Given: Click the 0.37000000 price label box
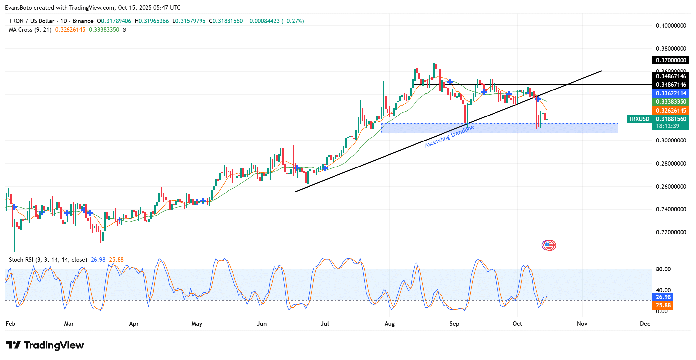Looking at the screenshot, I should point(670,60).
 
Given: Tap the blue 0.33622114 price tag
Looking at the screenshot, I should point(670,93).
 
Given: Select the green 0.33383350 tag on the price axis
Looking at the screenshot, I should point(670,102).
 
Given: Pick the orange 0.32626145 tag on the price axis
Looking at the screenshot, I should point(670,111).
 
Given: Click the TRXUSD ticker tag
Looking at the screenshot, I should point(639,119).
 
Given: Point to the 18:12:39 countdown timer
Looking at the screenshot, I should point(667,126).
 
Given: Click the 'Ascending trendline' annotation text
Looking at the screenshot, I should point(449,136).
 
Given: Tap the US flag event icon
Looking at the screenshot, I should point(549,245).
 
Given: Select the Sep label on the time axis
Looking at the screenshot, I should point(454,324).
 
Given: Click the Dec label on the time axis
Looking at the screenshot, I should point(645,324).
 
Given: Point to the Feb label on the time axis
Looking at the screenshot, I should point(10,324).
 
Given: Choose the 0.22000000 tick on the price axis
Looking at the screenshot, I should point(671,232).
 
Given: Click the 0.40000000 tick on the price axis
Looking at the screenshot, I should point(671,26).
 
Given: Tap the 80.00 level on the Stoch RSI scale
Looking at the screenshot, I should point(663,269).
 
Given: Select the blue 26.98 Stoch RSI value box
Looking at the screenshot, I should point(663,297).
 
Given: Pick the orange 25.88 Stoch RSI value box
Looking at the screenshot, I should point(663,305).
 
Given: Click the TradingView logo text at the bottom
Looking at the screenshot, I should point(45,345).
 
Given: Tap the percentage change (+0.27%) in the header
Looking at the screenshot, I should point(293,21).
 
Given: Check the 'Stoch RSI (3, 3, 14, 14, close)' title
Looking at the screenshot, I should point(48,260).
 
